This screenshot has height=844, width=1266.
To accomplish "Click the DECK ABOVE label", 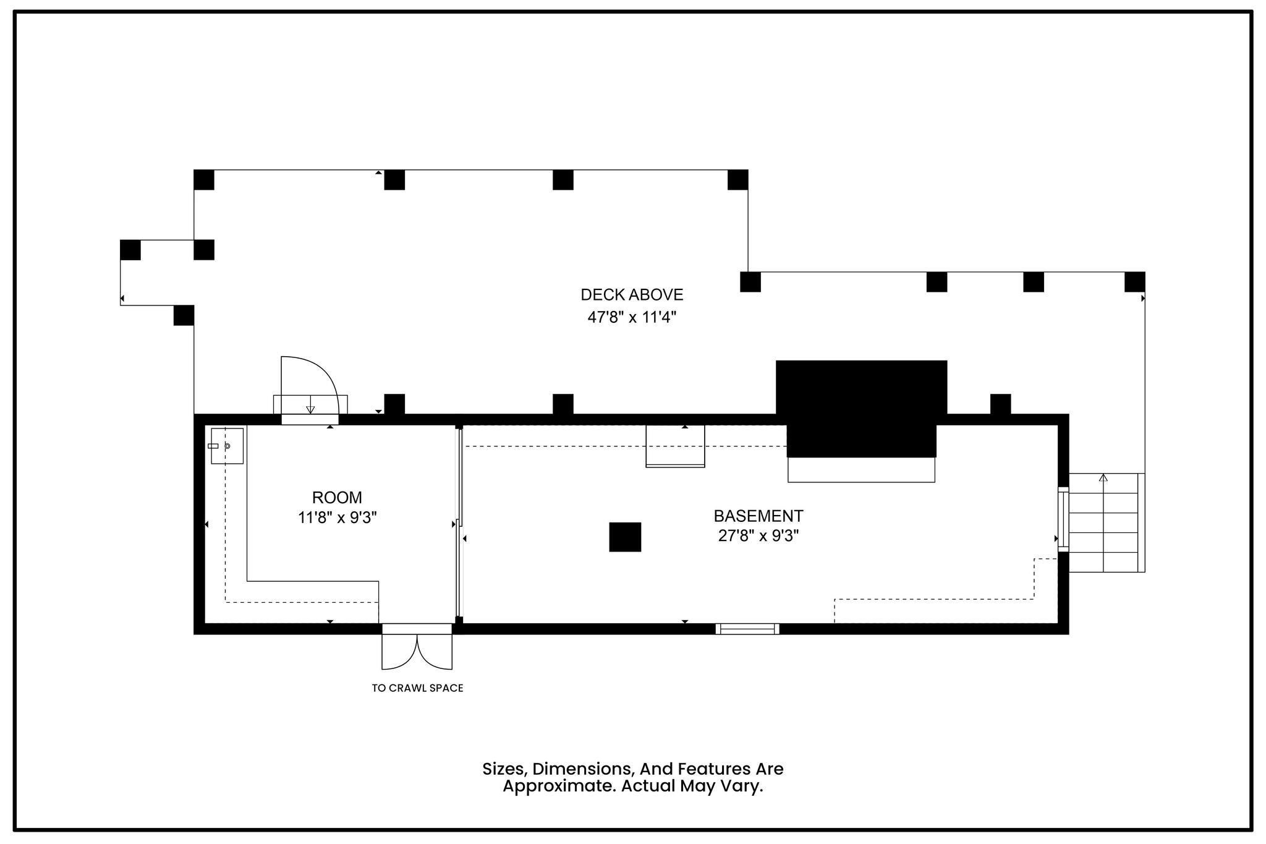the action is pos(632,295).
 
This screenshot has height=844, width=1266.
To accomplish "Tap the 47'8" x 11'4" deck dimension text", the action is pos(632,317).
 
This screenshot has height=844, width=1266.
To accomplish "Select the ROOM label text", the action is pos(337,497).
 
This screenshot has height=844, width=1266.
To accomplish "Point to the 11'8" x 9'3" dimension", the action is pos(338,518).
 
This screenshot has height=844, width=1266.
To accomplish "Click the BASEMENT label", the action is pos(758,516).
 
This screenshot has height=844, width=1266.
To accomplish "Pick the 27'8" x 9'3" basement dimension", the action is pos(758,535).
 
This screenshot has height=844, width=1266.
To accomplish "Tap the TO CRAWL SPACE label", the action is pos(417,688).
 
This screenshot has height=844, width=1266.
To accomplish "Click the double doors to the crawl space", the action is pos(417,647).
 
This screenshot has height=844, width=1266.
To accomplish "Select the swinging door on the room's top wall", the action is pos(310,388).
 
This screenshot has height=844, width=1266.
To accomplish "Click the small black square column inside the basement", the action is pos(625,537).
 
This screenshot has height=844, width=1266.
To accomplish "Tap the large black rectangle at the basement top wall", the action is pos(862,409).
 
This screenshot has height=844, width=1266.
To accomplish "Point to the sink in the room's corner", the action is pos(227,446).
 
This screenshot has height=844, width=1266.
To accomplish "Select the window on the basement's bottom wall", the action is pos(747,629).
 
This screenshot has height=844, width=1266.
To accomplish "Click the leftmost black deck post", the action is pos(130,250).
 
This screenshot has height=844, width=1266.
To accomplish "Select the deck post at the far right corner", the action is pos(1135,282).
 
